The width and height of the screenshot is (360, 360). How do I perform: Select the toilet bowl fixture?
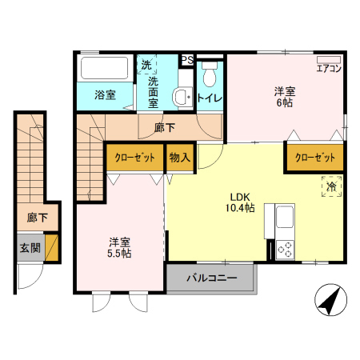(x=210, y=76)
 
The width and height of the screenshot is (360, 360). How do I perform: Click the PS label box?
(x=186, y=60)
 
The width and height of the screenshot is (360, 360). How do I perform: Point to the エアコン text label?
(x=329, y=70)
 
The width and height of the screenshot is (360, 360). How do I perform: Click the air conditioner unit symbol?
(x=329, y=59)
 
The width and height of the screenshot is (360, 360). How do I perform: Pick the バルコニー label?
(x=211, y=279)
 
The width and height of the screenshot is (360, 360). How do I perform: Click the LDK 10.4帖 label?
(x=242, y=202)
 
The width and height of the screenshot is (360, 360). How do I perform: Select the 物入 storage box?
(x=180, y=158)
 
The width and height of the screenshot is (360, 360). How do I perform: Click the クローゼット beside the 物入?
(x=134, y=158)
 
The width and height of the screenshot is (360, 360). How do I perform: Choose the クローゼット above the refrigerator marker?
(x=315, y=158)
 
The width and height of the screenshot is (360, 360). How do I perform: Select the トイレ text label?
(x=210, y=98)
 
